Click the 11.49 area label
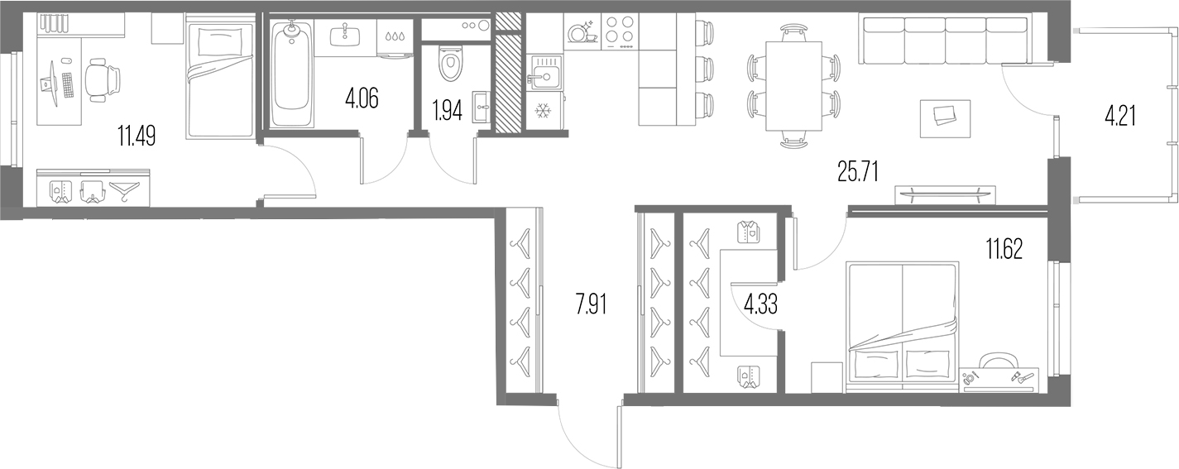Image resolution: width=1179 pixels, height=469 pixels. point(137,136)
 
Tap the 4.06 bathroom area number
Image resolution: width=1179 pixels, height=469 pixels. point(362,98)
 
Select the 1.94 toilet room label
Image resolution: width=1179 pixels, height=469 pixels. point(447,111)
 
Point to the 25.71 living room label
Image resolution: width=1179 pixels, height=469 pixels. point(858,171)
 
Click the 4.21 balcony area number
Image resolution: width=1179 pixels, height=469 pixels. point(1120,117)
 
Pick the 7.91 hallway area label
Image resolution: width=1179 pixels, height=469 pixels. point(591,304)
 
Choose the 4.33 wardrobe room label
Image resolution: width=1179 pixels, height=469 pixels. point(760,304)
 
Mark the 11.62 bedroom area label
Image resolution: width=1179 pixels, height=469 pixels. point(1004,249)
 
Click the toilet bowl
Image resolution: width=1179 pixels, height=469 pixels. point(450,62)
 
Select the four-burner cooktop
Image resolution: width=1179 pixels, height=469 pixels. point(620,31)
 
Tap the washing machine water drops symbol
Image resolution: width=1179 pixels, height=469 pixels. point(394,36)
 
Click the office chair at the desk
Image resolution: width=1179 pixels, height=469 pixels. point(103,79)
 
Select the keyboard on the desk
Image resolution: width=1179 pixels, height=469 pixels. point(67,84)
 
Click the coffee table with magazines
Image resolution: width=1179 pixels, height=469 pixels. point(946,119)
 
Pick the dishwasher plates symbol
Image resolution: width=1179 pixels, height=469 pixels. point(581,31)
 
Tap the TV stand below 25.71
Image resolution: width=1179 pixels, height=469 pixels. point(946,194)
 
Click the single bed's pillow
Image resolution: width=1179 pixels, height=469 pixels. point(220,41)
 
